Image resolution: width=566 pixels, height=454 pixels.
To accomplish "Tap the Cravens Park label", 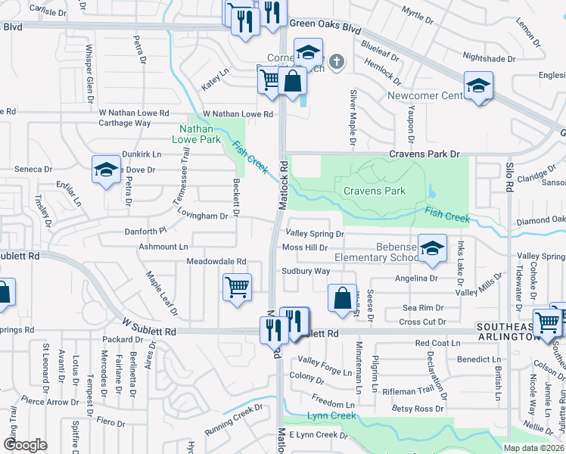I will click(x=375, y=191).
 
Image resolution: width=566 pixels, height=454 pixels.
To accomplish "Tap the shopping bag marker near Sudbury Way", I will click(x=342, y=297).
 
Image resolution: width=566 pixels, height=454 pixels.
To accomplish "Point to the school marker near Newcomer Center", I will click(x=478, y=86).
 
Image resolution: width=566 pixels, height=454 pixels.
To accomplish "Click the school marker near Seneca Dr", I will click(x=106, y=169).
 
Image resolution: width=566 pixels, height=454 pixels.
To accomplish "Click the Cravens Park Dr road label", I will click(x=424, y=154).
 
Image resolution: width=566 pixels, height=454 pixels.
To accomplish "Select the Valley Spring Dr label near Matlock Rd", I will click(x=314, y=235).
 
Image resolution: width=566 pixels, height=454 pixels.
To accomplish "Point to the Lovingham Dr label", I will click(x=203, y=216).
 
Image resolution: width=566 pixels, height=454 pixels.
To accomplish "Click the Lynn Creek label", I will click(x=331, y=416).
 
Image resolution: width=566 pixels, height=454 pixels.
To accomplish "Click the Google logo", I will click(x=25, y=445).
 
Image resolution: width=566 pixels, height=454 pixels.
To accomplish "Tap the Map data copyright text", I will click(x=534, y=448).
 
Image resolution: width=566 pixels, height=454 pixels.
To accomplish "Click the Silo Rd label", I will click(x=509, y=182).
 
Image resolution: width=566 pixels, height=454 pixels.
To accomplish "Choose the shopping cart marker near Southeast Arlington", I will click(x=546, y=323).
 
